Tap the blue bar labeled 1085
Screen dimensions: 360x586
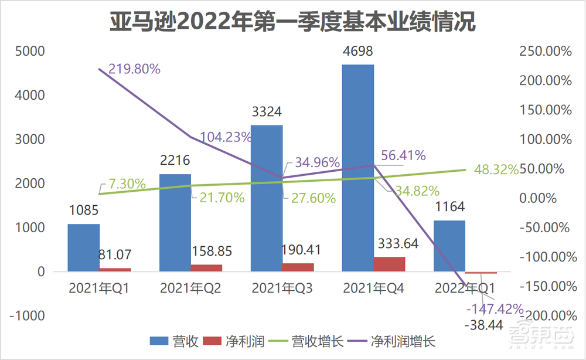point(83,247)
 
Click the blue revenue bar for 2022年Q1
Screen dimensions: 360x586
point(449,246)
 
